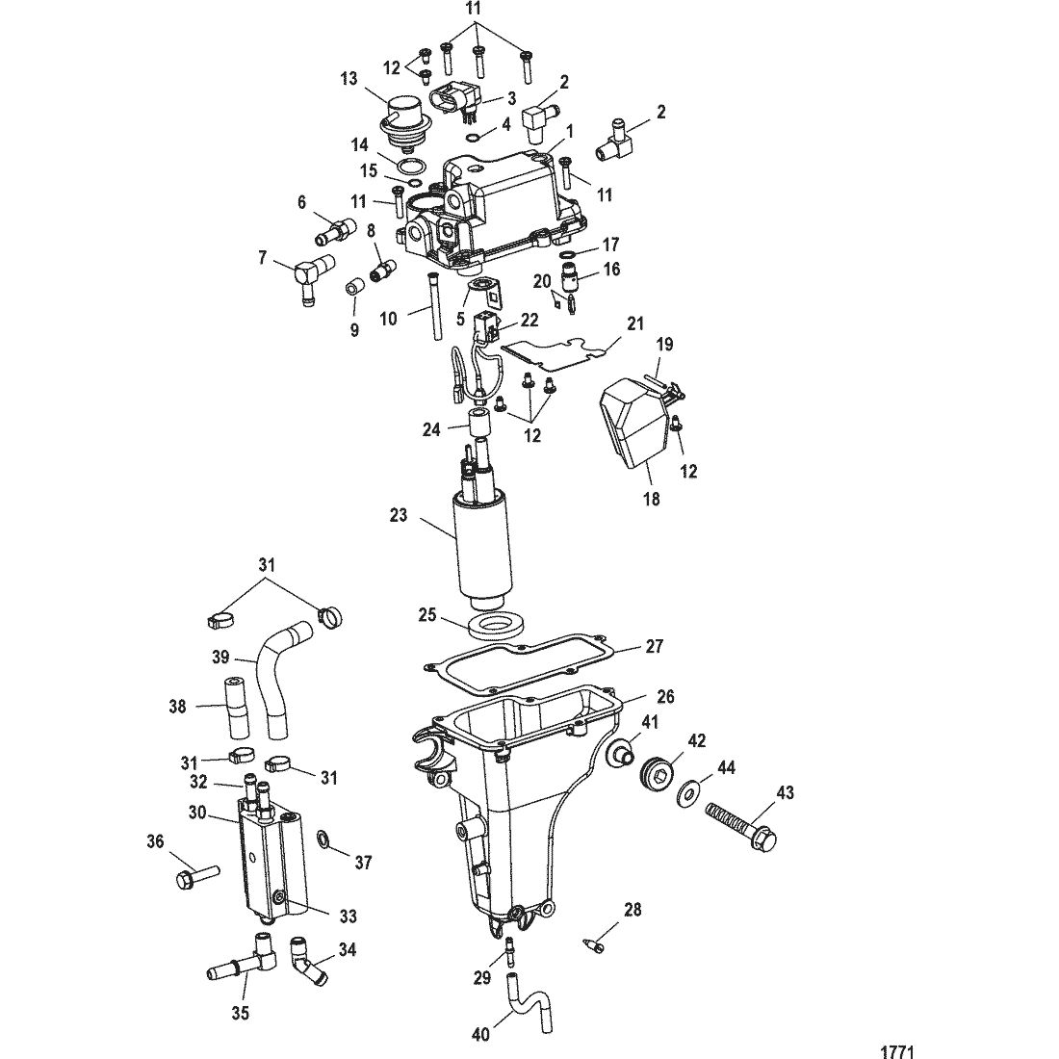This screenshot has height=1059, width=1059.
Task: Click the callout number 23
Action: click(x=399, y=515)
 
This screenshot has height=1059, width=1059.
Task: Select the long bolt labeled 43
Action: click(x=741, y=825)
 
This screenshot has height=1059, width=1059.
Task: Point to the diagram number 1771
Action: click(x=897, y=1051)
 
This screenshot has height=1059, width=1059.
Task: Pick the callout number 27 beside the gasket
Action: click(x=655, y=646)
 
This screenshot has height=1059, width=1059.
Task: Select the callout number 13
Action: click(x=349, y=79)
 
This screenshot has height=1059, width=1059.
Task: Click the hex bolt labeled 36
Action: click(x=197, y=877)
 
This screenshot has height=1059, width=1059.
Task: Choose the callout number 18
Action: click(x=652, y=499)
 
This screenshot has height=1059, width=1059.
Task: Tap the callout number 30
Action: click(x=197, y=813)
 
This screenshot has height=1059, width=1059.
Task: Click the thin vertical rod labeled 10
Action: click(x=434, y=308)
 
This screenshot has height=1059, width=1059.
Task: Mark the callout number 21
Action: click(x=635, y=324)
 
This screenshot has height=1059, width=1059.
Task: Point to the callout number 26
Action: click(x=666, y=696)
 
